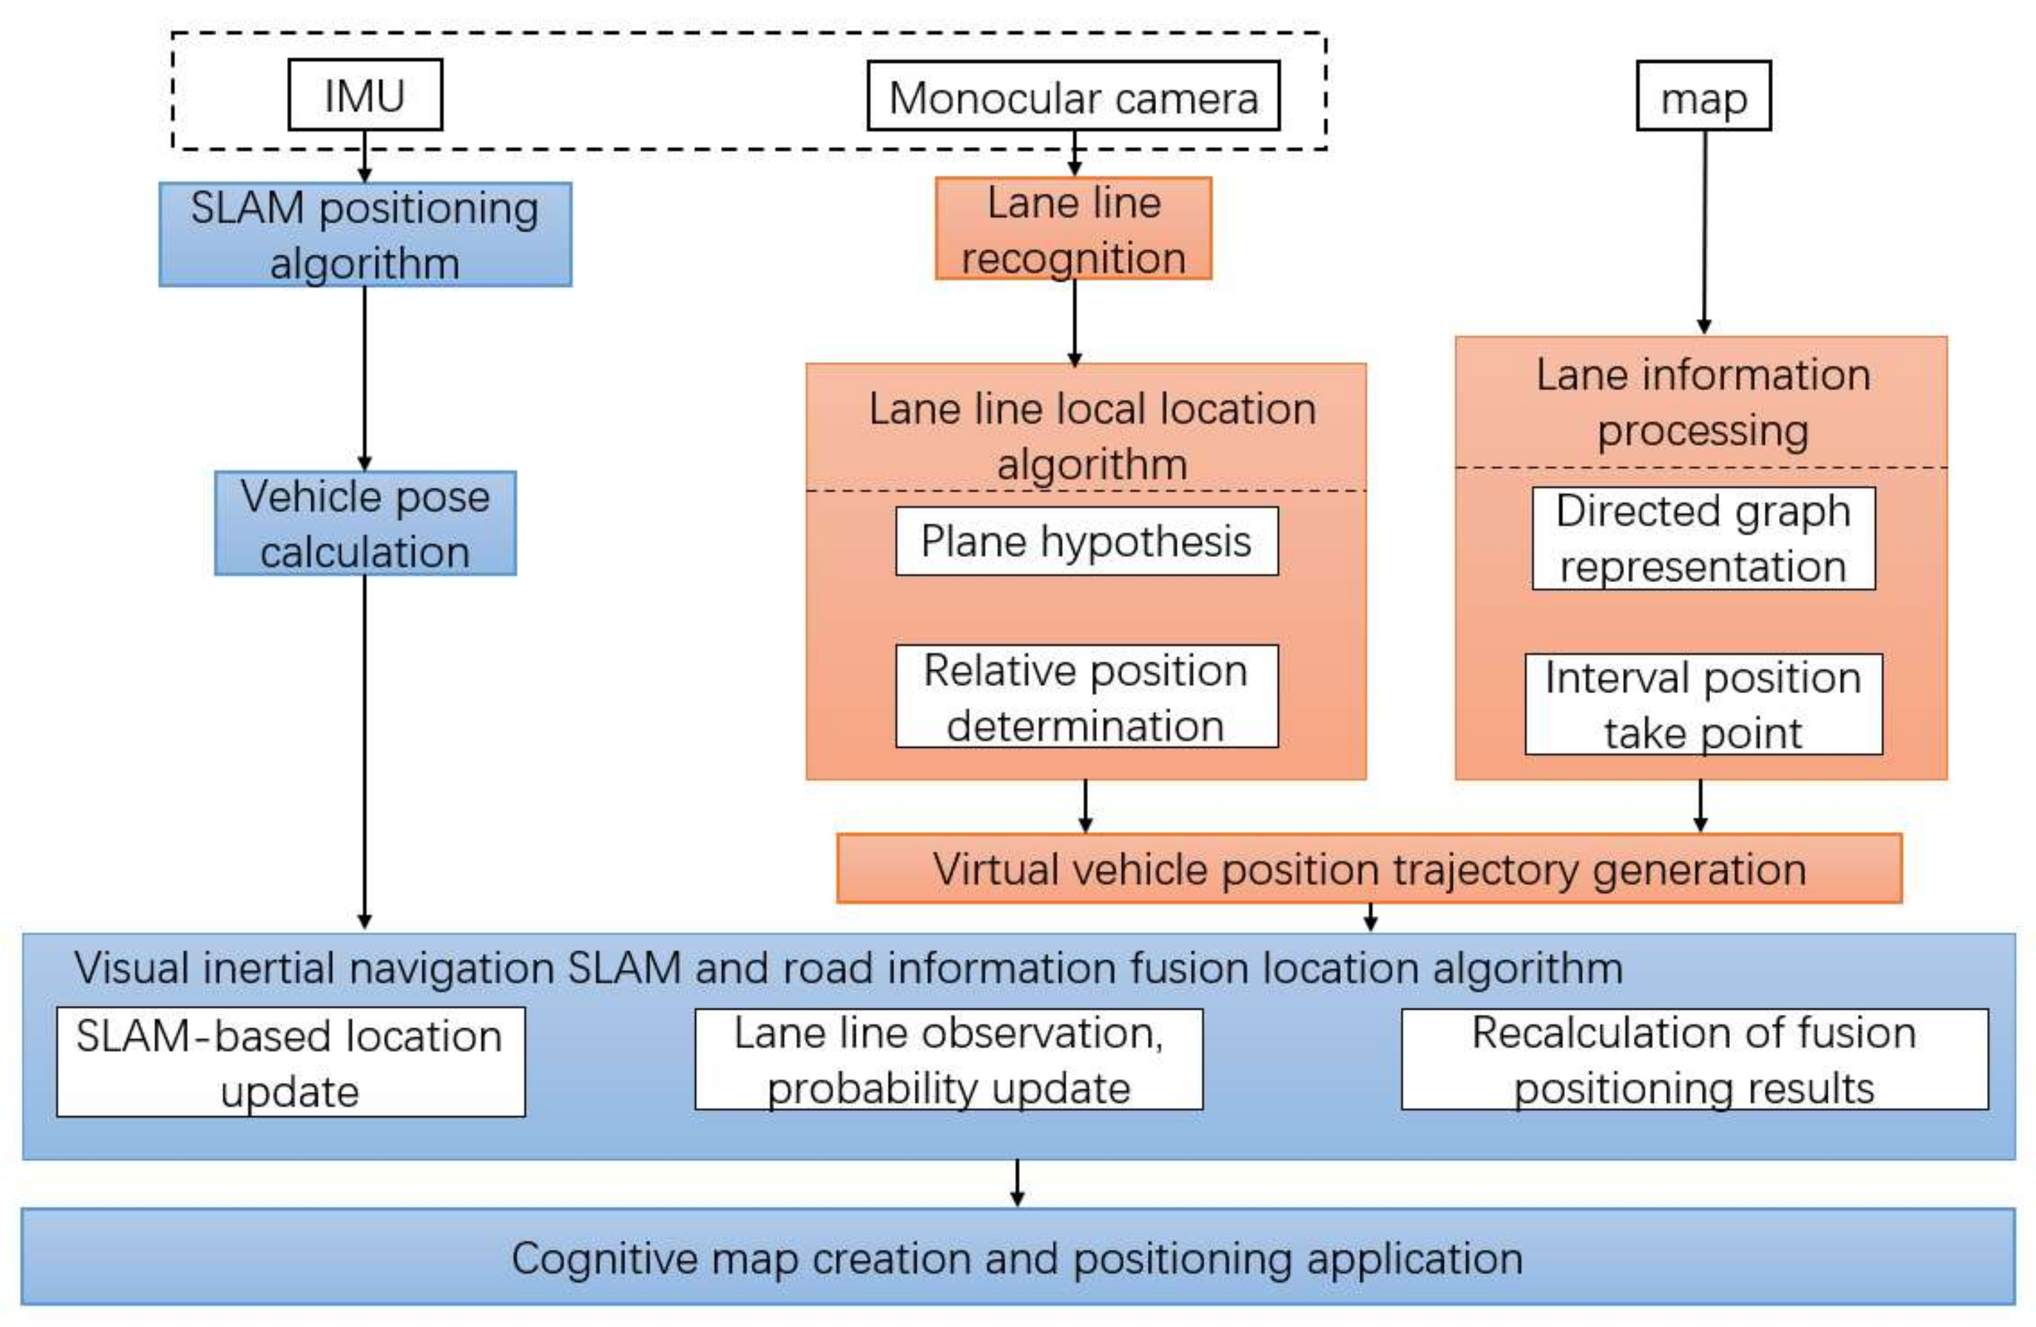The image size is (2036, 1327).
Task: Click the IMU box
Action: click(x=365, y=95)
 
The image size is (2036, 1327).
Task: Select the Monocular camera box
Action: click(x=1073, y=97)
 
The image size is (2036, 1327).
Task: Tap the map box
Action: click(x=1703, y=97)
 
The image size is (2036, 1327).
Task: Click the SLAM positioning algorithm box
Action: click(x=365, y=234)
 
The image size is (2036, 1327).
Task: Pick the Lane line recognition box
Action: click(x=1073, y=229)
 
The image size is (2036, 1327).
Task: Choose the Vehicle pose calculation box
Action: click(x=365, y=523)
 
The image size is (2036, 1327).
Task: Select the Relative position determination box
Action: click(x=1087, y=697)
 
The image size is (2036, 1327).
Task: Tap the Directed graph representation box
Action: click(x=1703, y=538)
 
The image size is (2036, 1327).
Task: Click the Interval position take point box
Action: click(x=1703, y=704)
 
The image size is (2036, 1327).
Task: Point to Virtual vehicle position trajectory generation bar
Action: click(x=1369, y=868)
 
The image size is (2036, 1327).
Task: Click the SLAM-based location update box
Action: click(x=291, y=1062)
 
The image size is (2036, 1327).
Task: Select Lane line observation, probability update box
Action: click(x=949, y=1059)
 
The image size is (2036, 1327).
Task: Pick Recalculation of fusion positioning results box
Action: click(x=1694, y=1059)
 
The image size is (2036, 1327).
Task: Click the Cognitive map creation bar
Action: click(x=1017, y=1257)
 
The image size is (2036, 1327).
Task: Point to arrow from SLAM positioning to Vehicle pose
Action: click(x=365, y=376)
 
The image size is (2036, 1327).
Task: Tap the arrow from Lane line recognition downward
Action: click(x=1074, y=321)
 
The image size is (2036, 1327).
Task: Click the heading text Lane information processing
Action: click(x=1703, y=402)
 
